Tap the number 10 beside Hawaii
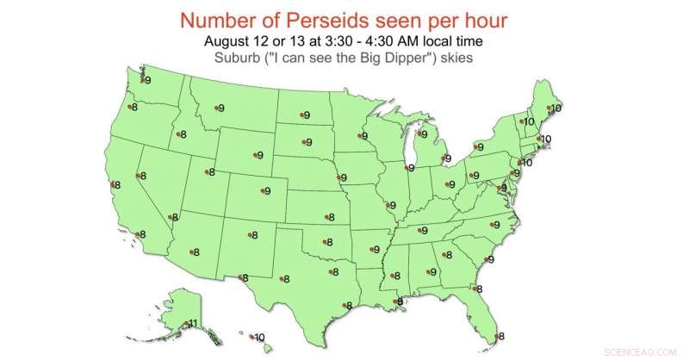[259, 338]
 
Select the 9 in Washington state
[147, 81]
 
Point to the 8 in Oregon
[134, 108]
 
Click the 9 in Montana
[221, 109]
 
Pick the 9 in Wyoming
[259, 156]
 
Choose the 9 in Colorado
[267, 191]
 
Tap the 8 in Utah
[212, 173]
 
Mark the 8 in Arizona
[196, 252]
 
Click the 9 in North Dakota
[307, 115]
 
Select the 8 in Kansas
[328, 218]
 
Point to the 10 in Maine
[556, 109]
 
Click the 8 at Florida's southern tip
[501, 337]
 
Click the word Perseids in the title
[340, 20]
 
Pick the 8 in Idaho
[183, 134]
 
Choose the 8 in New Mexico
[254, 235]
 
